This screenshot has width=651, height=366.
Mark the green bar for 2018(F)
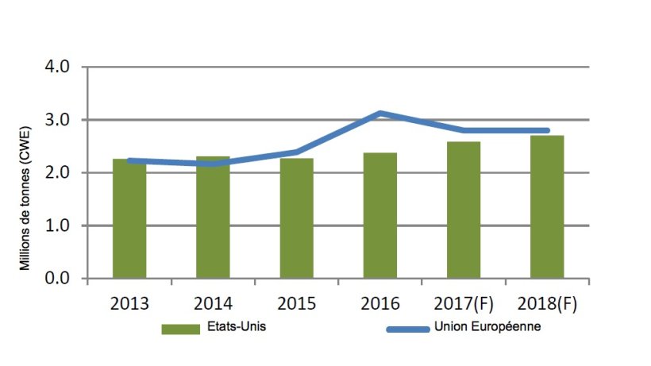tap(546, 207)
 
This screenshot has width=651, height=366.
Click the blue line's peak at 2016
tap(380, 114)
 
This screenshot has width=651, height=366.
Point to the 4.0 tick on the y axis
tap(60, 67)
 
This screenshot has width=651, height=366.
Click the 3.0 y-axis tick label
tap(60, 120)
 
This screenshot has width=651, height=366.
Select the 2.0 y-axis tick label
tap(60, 173)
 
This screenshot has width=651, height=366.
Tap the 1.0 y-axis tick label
tap(60, 226)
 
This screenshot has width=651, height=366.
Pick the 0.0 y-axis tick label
tap(60, 279)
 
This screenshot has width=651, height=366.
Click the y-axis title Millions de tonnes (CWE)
tap(26, 198)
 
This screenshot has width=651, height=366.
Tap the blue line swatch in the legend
tap(406, 329)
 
